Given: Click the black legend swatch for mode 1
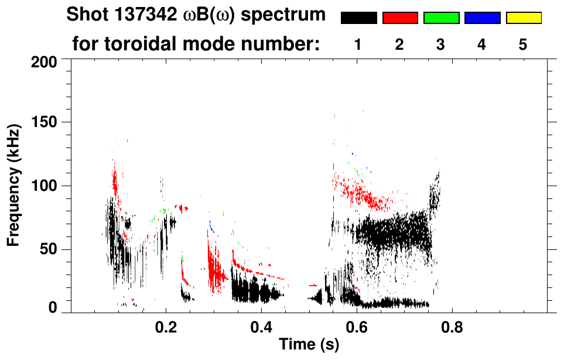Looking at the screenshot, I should tap(358, 18).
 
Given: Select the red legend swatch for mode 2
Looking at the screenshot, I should tap(400, 18).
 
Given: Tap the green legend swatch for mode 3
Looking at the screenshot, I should tap(441, 18).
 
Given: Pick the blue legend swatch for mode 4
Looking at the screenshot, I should tap(482, 18).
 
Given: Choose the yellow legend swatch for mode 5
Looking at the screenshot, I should tap(524, 18).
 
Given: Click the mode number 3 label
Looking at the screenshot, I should tap(441, 44).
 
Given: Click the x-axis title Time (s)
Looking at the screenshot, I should tap(309, 345).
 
